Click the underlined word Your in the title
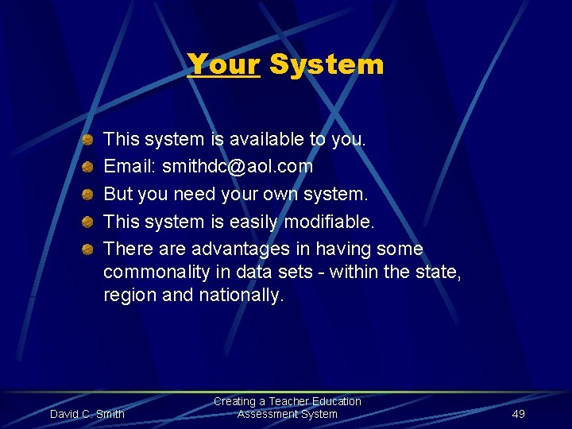[x=224, y=64]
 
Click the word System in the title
[x=327, y=64]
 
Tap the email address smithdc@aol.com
[x=238, y=167]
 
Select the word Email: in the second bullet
[x=130, y=167]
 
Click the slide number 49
[x=518, y=414]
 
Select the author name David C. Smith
[x=87, y=414]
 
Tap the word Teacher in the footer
[x=292, y=402]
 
